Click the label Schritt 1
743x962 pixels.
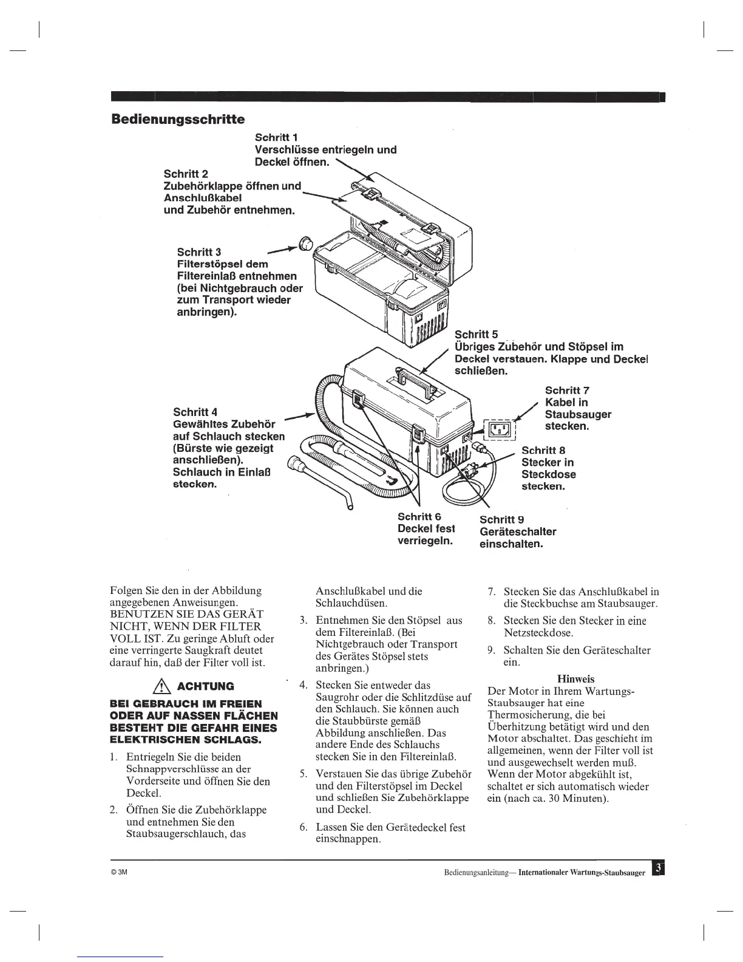point(276,137)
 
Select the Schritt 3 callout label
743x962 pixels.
point(198,251)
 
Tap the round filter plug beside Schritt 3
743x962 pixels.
point(306,244)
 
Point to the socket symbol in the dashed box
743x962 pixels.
point(499,429)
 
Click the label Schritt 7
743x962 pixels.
point(567,390)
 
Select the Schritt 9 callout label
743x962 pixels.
point(501,519)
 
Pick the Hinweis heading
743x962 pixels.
point(575,679)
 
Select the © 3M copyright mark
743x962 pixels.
point(117,873)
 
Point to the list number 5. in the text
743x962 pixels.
point(304,774)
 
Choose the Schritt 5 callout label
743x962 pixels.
point(477,335)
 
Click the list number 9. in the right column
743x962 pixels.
point(492,650)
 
